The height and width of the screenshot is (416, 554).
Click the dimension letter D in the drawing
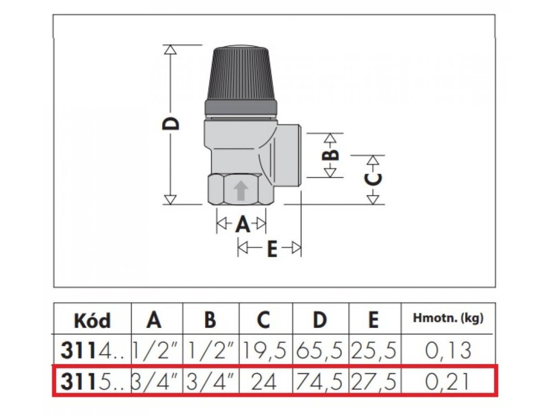pyautogui.click(x=171, y=123)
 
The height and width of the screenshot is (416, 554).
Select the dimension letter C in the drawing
pyautogui.click(x=373, y=179)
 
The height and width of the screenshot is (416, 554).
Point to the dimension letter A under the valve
pyautogui.click(x=242, y=223)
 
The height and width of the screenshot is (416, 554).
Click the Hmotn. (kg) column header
pyautogui.click(x=448, y=318)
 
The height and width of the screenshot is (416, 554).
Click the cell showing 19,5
pyautogui.click(x=265, y=350)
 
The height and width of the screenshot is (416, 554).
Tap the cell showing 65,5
pyautogui.click(x=320, y=350)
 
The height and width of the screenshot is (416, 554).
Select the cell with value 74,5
pyautogui.click(x=320, y=382)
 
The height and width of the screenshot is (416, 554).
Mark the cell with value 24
pyautogui.click(x=265, y=382)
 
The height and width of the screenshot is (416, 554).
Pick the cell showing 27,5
pyautogui.click(x=373, y=382)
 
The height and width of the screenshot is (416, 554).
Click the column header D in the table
pyautogui.click(x=320, y=320)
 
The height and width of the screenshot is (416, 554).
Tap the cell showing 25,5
pyautogui.click(x=373, y=350)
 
